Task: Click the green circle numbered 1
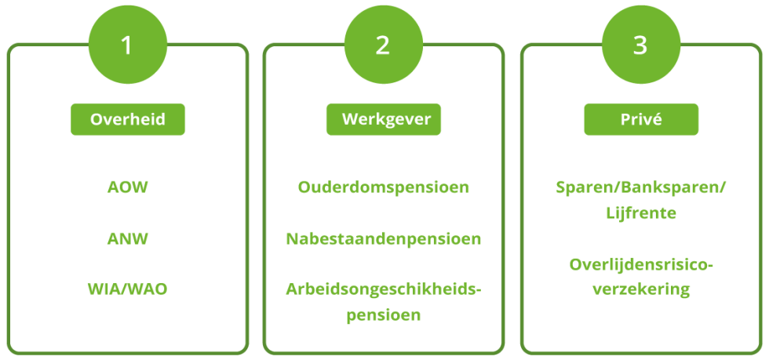click(x=127, y=44)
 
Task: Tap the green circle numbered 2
click(x=383, y=44)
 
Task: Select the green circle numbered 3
click(x=640, y=44)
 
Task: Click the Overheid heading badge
click(x=128, y=120)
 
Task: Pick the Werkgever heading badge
click(x=384, y=120)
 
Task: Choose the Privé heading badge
click(x=640, y=120)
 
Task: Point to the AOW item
click(x=128, y=188)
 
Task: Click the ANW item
click(x=128, y=238)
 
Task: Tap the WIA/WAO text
click(x=128, y=289)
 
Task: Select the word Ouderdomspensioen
click(x=384, y=188)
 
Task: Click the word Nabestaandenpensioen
click(x=384, y=238)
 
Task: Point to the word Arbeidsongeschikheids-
click(x=384, y=289)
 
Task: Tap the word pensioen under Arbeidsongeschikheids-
click(x=384, y=315)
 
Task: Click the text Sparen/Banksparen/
click(x=640, y=188)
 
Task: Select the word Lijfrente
click(x=640, y=213)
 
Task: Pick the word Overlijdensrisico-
click(x=640, y=264)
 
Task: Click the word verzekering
click(x=640, y=289)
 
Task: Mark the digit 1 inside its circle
click(x=127, y=45)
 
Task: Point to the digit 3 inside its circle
click(x=640, y=45)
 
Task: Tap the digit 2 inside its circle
click(x=383, y=45)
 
